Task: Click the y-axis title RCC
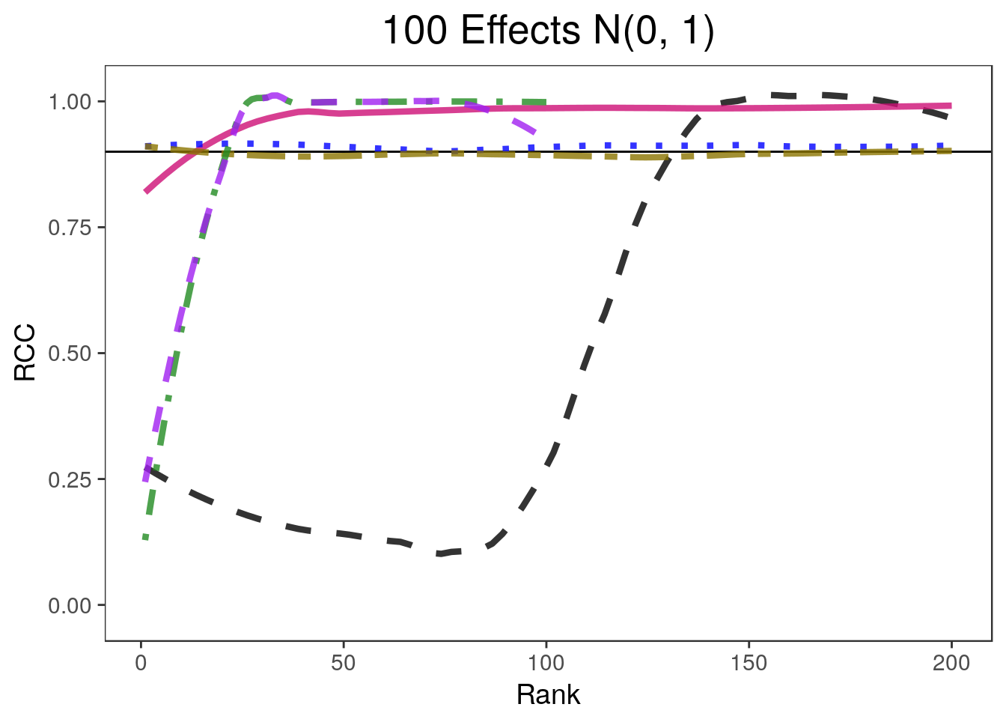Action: coord(25,353)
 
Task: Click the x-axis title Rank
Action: coord(548,695)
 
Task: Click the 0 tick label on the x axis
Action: coord(141,664)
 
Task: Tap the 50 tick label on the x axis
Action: coord(344,664)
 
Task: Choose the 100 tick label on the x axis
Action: coord(546,664)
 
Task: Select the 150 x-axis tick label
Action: coord(749,664)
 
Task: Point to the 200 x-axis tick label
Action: coord(951,664)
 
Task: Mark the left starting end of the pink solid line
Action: coord(146,192)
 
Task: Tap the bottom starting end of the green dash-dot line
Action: coord(146,538)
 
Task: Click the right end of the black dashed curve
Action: coord(950,116)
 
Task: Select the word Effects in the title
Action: coord(520,31)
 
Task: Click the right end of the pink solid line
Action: coord(951,106)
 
